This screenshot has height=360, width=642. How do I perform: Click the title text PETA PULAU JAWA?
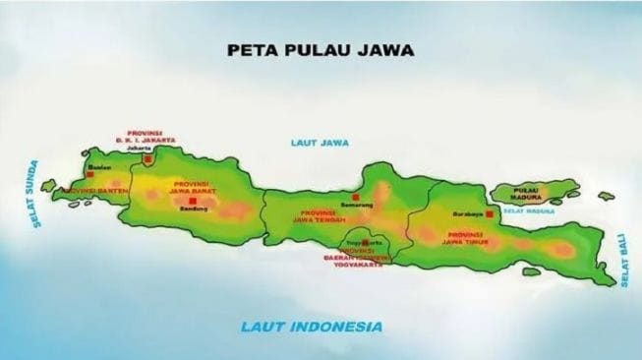320,47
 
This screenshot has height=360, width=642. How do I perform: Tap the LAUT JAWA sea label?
317,144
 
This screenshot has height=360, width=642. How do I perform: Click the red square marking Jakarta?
147,158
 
